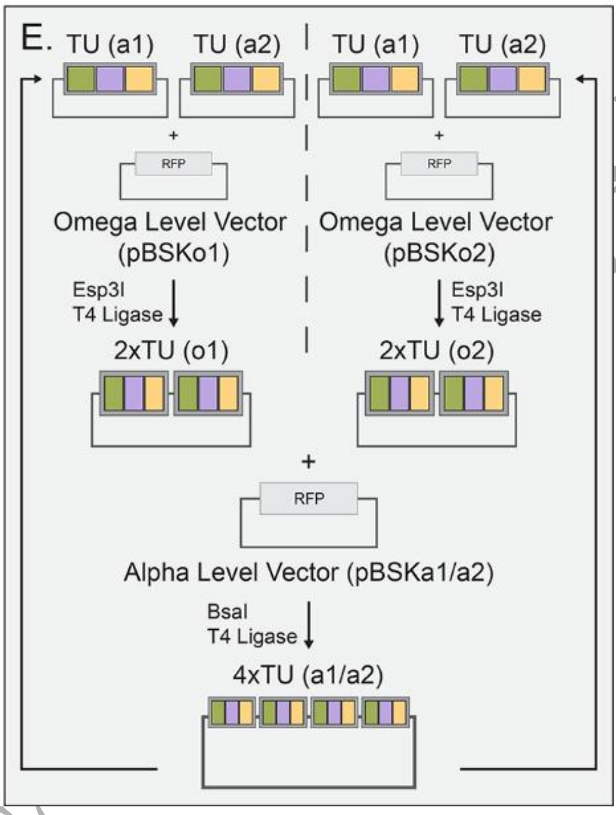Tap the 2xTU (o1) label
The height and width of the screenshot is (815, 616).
[171, 350]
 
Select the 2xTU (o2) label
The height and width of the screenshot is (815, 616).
[437, 350]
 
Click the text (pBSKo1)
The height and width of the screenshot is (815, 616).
[174, 253]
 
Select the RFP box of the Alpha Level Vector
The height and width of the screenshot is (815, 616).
[309, 498]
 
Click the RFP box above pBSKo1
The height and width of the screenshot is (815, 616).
[174, 164]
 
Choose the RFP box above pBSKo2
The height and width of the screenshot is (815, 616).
[439, 164]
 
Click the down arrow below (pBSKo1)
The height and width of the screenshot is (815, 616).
[174, 302]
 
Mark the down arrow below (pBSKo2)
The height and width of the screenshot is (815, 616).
[440, 302]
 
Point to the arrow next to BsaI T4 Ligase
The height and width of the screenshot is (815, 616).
[309, 624]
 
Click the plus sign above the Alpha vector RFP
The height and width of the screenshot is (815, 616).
[309, 461]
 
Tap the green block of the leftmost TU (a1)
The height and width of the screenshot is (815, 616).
[81, 79]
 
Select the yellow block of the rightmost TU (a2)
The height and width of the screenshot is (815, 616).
[531, 79]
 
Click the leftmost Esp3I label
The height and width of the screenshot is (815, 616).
[98, 290]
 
